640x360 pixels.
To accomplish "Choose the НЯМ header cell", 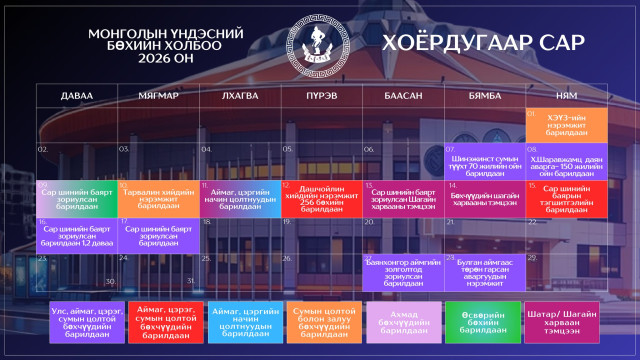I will point(566,95).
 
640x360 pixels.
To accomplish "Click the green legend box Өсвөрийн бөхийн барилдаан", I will point(484,324).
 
